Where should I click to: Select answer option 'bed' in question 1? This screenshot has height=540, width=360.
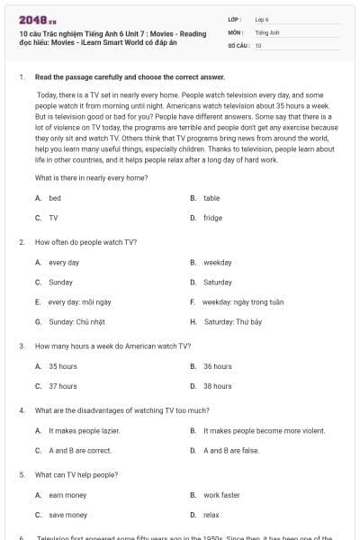pyautogui.click(x=55, y=197)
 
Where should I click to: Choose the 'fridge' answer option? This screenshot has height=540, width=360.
pyautogui.click(x=212, y=218)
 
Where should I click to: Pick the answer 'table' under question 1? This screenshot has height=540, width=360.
pyautogui.click(x=211, y=197)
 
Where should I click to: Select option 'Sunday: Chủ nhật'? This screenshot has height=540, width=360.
pyautogui.click(x=74, y=321)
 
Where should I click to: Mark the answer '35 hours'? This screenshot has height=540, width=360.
pyautogui.click(x=63, y=366)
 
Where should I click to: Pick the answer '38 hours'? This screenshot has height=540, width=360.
pyautogui.click(x=218, y=386)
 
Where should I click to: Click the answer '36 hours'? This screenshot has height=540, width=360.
pyautogui.click(x=218, y=366)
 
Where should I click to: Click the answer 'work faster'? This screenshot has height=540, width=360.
pyautogui.click(x=221, y=495)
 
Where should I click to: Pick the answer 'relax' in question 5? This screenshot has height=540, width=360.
pyautogui.click(x=211, y=515)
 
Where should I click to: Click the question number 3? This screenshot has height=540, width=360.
pyautogui.click(x=22, y=346)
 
